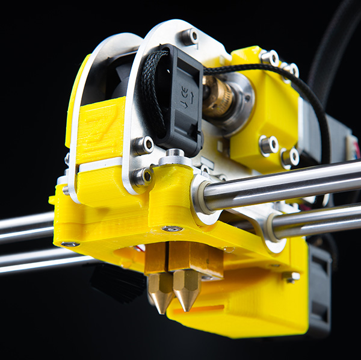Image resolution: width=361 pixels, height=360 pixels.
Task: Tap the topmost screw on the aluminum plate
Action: (190, 37)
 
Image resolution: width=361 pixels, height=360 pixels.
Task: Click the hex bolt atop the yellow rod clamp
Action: (174, 155)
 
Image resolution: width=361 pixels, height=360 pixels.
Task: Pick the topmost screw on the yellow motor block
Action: (269, 58)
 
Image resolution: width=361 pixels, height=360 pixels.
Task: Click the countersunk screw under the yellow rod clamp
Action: (172, 229)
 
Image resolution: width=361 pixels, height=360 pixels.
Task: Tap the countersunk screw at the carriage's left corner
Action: (70, 244)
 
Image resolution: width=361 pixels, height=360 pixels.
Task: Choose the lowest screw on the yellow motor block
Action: (289, 157)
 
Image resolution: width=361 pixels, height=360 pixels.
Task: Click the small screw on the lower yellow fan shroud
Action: (292, 276)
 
